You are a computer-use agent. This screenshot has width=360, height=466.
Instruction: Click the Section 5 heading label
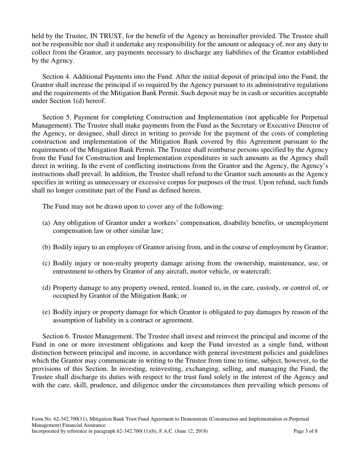[57, 117]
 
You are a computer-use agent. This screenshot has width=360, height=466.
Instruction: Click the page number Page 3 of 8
[305, 431]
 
